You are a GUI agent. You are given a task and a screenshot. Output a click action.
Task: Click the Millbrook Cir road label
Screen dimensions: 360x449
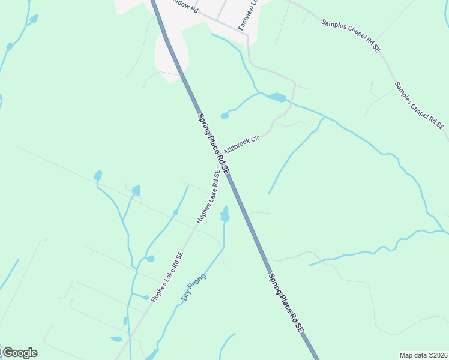(241, 144)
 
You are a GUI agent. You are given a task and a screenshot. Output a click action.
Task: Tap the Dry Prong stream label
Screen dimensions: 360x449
(193, 287)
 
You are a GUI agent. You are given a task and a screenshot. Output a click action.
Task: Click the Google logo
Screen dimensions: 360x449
(19, 353)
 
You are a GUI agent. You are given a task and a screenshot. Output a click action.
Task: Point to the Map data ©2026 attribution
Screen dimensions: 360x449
(423, 355)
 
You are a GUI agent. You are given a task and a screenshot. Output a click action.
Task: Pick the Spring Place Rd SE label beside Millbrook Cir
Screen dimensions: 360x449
(213, 143)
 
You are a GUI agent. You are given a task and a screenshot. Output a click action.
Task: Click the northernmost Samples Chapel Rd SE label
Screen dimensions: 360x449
(351, 34)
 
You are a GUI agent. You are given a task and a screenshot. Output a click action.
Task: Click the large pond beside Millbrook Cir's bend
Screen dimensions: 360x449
(277, 97)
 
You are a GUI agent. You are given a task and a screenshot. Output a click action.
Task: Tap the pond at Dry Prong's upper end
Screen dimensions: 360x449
(224, 214)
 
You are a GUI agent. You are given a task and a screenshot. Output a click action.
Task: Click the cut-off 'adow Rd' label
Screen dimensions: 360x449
(184, 6)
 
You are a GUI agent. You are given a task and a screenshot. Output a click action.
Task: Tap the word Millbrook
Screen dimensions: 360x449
(237, 146)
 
